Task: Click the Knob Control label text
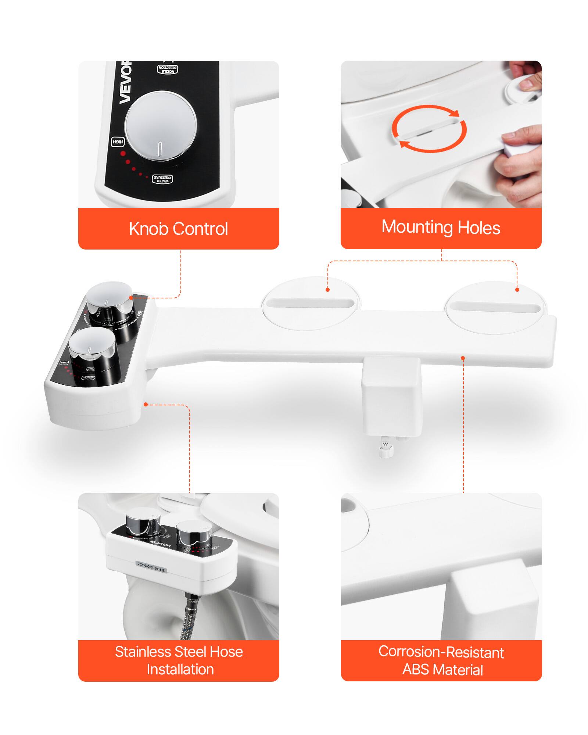point(178,229)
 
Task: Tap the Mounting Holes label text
point(441,227)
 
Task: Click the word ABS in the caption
point(416,670)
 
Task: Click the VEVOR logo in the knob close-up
point(125,83)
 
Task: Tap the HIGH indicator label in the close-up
point(118,142)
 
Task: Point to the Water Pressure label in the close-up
point(162,179)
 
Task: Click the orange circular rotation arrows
point(429,129)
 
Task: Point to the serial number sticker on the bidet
point(151,566)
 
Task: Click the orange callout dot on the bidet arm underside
point(463,358)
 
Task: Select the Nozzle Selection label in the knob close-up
point(168,69)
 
